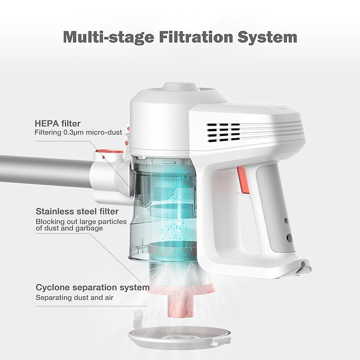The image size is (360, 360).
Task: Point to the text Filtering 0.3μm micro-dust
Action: point(78,132)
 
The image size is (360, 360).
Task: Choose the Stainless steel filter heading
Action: point(77,211)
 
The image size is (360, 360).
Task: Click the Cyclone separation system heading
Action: point(93,288)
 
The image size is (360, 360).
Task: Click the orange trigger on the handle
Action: point(243,180)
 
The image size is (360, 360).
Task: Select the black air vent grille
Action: point(223,132)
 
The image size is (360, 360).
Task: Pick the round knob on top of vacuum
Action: point(180,89)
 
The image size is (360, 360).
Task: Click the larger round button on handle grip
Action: point(289,238)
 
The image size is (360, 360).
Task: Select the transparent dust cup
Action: point(158,206)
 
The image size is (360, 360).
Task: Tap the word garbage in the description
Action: point(89,228)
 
